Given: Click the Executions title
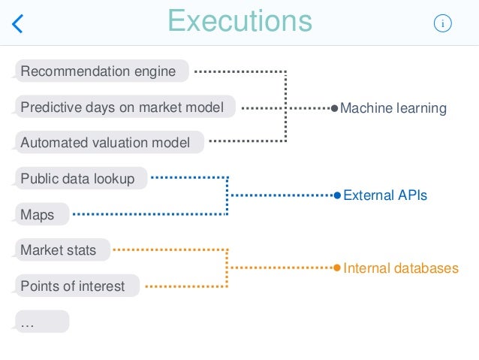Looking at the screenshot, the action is coord(239,21).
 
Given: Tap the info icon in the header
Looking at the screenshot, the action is coord(443,24).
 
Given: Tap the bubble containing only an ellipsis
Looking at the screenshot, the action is coord(41,322).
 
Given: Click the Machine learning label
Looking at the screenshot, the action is coord(393,109).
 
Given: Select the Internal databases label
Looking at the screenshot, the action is coord(401,268).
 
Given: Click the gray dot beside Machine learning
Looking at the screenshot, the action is coord(335,109).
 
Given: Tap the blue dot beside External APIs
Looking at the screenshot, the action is coord(337,195).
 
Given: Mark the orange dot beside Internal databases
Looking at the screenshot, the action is coord(337,268).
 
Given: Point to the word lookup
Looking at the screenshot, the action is coord(114,179).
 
